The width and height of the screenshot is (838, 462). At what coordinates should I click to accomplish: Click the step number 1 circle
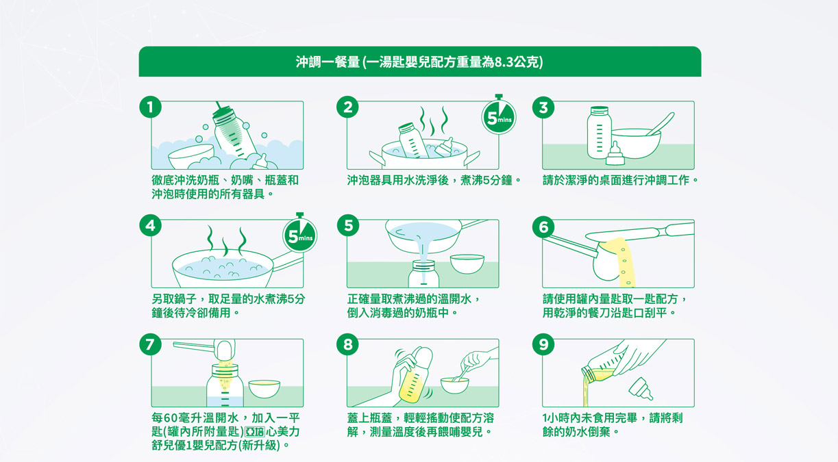click(x=150, y=107)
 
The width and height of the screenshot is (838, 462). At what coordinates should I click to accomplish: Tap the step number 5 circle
click(x=348, y=225)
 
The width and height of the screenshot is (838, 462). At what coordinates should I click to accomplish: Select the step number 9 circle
click(x=543, y=344)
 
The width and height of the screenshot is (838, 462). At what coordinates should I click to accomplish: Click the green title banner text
click(x=419, y=62)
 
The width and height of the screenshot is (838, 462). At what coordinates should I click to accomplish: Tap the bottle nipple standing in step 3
click(x=615, y=153)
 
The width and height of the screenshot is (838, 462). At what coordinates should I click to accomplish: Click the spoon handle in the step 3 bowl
click(x=661, y=124)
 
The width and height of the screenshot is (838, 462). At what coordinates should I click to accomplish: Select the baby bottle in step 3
click(x=599, y=132)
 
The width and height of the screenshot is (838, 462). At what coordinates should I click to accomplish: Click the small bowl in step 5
click(x=467, y=264)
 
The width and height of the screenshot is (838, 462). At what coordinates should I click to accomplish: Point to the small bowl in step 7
click(x=264, y=389)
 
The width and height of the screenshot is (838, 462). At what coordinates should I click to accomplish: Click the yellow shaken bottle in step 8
click(x=415, y=375)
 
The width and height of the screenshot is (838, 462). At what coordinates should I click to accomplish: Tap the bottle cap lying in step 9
click(x=641, y=389)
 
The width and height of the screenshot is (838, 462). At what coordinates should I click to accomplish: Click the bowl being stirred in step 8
click(x=454, y=385)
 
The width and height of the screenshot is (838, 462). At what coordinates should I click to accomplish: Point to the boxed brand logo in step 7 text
click(x=254, y=432)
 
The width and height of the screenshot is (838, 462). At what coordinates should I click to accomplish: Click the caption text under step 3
click(x=620, y=181)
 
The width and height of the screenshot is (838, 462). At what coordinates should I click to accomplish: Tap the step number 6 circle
click(x=543, y=227)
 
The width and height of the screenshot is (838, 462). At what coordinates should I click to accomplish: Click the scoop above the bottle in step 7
click(x=204, y=348)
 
